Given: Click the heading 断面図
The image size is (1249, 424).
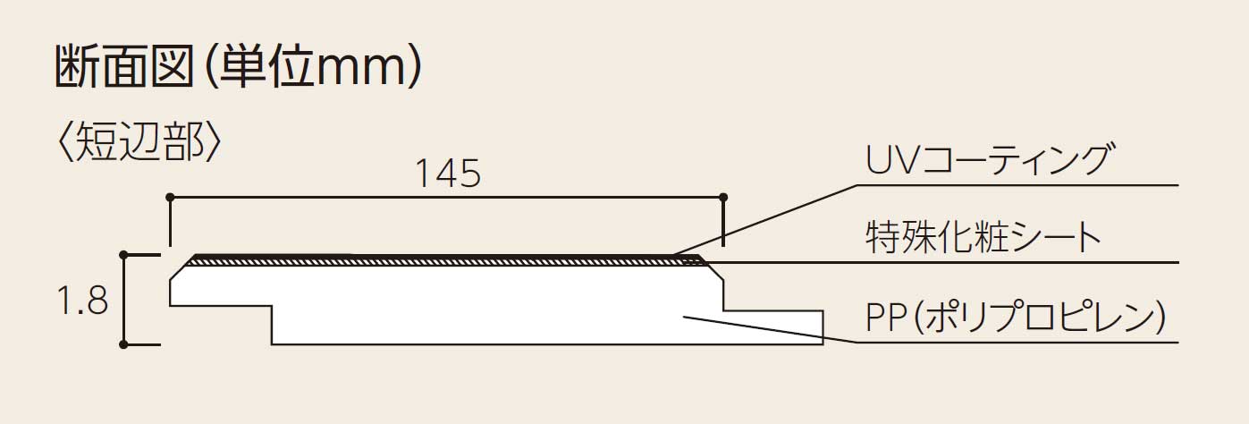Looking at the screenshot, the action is click(x=123, y=66).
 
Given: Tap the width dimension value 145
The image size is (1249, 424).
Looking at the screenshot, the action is click(x=448, y=173).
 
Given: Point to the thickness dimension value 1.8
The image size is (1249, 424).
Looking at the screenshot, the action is click(x=82, y=301).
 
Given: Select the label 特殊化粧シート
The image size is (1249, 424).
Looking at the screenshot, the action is click(x=983, y=237).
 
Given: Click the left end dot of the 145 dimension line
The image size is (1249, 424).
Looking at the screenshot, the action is click(x=170, y=198).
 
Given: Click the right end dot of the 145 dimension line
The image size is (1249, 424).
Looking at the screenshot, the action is click(x=724, y=198).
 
